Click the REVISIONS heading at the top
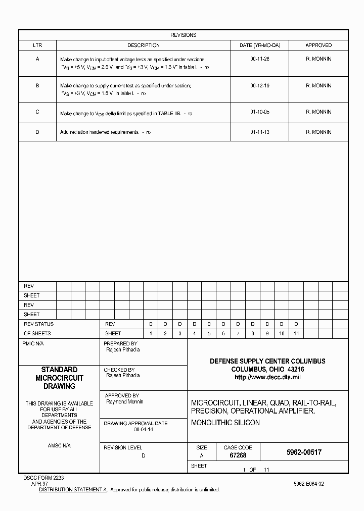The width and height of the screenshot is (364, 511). pyautogui.click(x=183, y=35)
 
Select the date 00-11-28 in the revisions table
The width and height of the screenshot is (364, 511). pyautogui.click(x=259, y=59)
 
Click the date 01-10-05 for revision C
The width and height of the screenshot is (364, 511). pyautogui.click(x=259, y=112)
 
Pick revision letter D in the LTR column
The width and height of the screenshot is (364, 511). pyautogui.click(x=37, y=132)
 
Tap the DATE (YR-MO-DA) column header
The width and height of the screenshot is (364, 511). pyautogui.click(x=259, y=45)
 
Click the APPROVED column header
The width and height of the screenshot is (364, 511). pyautogui.click(x=318, y=45)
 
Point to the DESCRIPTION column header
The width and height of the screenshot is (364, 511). pyautogui.click(x=144, y=45)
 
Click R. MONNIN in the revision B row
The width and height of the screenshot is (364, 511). pyautogui.click(x=318, y=86)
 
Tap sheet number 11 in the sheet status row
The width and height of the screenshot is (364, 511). pyautogui.click(x=296, y=334)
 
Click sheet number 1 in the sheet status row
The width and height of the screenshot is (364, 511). pyautogui.click(x=150, y=334)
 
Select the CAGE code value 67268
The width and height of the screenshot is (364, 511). pyautogui.click(x=238, y=455)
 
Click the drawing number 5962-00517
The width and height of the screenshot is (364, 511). pyautogui.click(x=301, y=452)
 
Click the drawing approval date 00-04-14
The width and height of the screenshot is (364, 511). pyautogui.click(x=144, y=429)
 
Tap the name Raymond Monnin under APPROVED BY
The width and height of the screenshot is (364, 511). pyautogui.click(x=124, y=402)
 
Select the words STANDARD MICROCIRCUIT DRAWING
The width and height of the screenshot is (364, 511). pyautogui.click(x=59, y=378)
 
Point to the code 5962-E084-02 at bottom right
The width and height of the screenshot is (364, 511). pyautogui.click(x=308, y=484)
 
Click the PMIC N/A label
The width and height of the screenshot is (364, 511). pyautogui.click(x=33, y=343)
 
